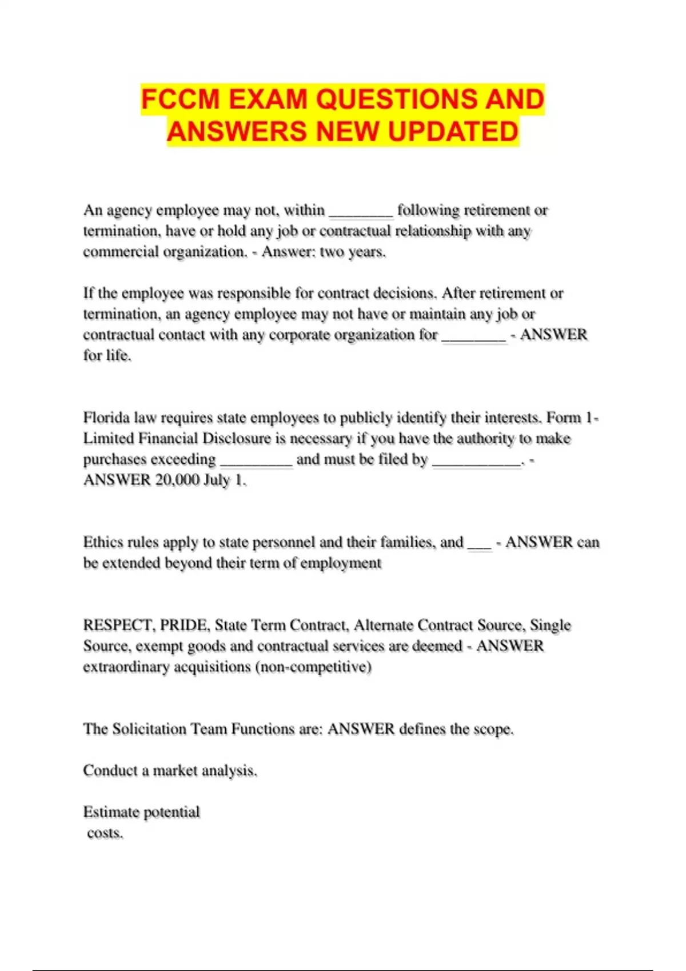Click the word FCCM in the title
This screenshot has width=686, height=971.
point(180,99)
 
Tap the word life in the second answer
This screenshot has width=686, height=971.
point(119,355)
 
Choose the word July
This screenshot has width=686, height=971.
point(217,480)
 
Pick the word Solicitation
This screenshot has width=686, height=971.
point(149,729)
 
